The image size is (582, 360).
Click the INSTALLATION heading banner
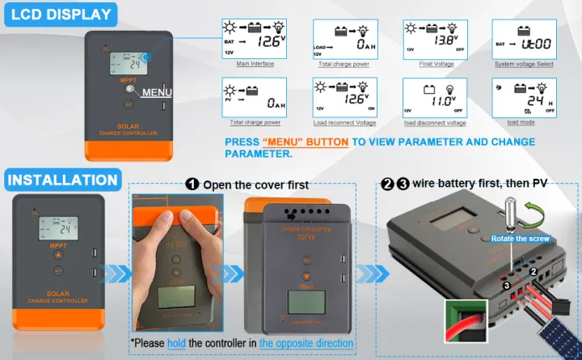coord(63,180)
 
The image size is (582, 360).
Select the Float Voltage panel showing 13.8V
coord(435,38)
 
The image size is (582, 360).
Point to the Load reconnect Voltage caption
coord(344,123)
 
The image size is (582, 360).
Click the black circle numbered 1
coord(192,184)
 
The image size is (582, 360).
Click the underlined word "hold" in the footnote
coord(176,343)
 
